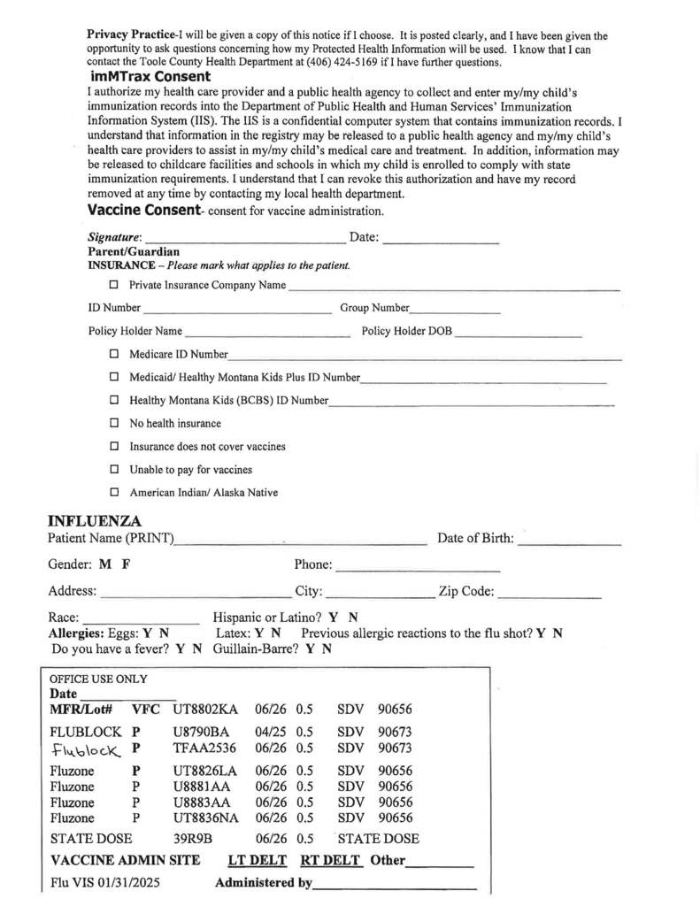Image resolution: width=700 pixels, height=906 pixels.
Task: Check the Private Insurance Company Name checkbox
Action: (113, 285)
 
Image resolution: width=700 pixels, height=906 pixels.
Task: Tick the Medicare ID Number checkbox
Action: (113, 354)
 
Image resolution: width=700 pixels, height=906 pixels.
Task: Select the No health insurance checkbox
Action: (113, 424)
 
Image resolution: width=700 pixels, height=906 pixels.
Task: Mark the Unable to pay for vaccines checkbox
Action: (113, 470)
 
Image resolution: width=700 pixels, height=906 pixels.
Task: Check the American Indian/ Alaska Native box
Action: (113, 493)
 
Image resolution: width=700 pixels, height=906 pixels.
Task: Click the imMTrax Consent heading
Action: (150, 77)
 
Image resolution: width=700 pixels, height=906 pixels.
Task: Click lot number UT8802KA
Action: (205, 710)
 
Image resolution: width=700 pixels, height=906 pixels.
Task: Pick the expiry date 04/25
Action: (271, 733)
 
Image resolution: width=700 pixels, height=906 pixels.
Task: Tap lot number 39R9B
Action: (194, 839)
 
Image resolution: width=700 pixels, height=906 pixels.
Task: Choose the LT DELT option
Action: (256, 861)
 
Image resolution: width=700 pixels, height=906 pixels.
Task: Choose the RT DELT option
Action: (330, 861)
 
